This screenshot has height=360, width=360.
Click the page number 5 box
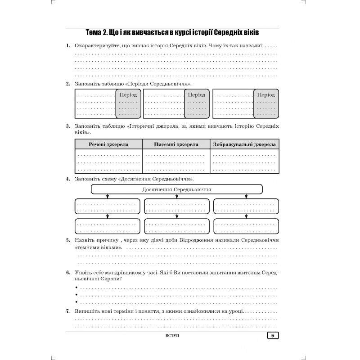(273, 336)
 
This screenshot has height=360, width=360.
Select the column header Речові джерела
(108, 144)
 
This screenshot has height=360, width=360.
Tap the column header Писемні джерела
(176, 144)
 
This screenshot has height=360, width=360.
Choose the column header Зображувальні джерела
(245, 144)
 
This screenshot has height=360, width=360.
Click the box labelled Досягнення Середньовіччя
(176, 189)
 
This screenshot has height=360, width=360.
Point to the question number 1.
(67, 46)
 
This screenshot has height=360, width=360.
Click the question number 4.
(67, 179)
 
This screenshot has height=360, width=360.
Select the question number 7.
(67, 311)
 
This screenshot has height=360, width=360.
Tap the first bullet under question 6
(76, 288)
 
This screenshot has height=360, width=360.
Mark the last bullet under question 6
(76, 302)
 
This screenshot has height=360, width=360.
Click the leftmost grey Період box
(128, 103)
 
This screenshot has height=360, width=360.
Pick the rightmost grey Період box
(265, 103)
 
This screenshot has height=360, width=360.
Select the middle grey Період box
(197, 103)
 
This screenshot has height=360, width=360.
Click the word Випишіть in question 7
(87, 311)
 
